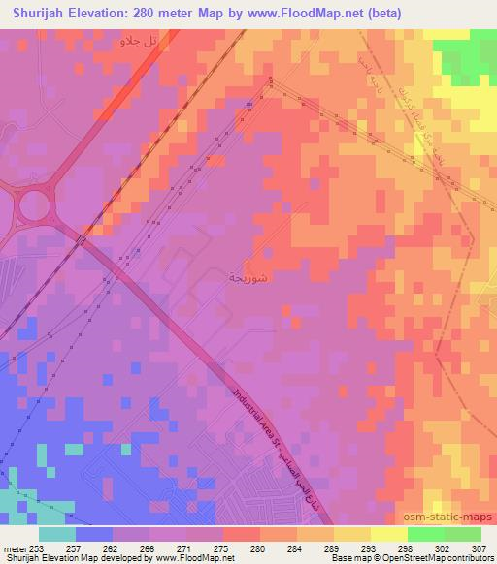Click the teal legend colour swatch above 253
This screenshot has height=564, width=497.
pyautogui.click(x=57, y=534)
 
